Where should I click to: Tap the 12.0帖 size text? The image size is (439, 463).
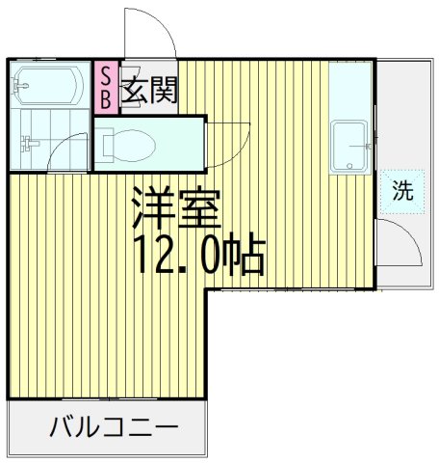point(197,254)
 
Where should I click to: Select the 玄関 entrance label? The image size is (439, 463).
point(149,92)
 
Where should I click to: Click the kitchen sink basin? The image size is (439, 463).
point(348,147)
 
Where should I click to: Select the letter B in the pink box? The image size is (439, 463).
point(105,98)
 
